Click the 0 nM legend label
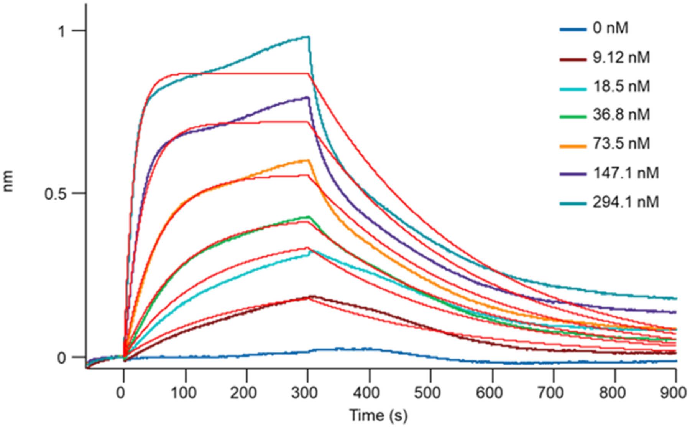[610, 28]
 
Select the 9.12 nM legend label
[621, 58]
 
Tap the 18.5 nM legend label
[621, 86]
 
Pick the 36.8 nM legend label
[621, 115]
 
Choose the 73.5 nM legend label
[621, 144]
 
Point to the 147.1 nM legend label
[626, 173]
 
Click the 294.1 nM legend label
[626, 202]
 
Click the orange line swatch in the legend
[573, 146]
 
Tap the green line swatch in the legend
[573, 117]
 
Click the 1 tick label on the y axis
[61, 31]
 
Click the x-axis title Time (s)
[378, 415]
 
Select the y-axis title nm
[8, 181]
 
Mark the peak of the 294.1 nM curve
[308, 37]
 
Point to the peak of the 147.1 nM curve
[307, 97]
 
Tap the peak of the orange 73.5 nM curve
[307, 160]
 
